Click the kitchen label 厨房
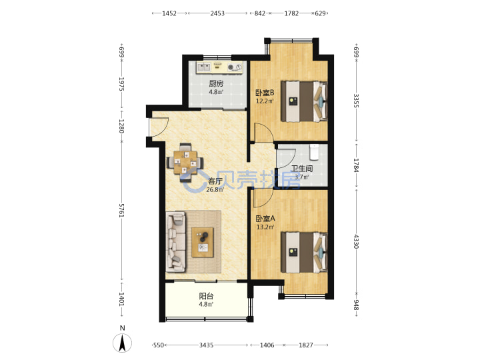(x=216, y=83)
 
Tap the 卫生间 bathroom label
(x=301, y=169)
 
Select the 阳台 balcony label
(x=206, y=296)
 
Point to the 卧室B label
(x=265, y=93)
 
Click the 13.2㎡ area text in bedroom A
(x=265, y=227)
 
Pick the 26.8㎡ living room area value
(x=215, y=190)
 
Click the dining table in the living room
(x=185, y=163)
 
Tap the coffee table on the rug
(x=203, y=242)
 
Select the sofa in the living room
(x=176, y=242)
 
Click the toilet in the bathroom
(x=314, y=152)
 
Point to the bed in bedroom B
(x=304, y=101)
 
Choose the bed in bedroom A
(x=304, y=252)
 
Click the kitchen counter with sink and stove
(x=219, y=67)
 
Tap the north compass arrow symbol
(x=123, y=343)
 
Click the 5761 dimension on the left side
(x=121, y=210)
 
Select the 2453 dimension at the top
(x=217, y=13)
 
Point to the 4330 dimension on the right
(x=356, y=241)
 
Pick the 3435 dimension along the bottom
(x=206, y=345)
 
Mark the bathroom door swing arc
(x=286, y=158)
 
